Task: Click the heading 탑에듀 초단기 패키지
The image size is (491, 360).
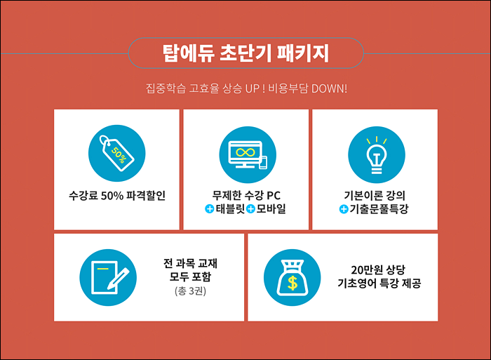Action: pos(245,53)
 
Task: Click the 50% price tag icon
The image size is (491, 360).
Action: pos(116,153)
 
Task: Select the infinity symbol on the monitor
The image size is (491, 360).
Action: pos(245,152)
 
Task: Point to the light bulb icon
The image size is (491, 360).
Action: pos(377,155)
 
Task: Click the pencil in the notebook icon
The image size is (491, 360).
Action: pos(119,279)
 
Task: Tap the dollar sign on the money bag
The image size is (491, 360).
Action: pos(292,283)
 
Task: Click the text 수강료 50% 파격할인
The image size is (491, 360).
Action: pos(117,196)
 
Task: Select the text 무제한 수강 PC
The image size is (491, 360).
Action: pos(246,196)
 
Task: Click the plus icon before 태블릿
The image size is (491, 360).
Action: pos(209,208)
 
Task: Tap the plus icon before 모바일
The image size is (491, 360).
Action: pos(250,208)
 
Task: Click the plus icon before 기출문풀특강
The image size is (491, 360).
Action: pos(344,209)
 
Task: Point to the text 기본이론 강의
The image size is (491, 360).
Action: pos(375,196)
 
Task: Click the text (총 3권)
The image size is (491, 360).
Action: pos(190,291)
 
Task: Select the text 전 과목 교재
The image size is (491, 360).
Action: pos(190,263)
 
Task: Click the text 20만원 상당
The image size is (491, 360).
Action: pos(378,269)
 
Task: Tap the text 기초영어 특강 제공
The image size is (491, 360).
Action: pos(379,284)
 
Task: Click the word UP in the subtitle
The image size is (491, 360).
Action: pos(252,88)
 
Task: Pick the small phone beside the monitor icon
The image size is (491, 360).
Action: pos(263,162)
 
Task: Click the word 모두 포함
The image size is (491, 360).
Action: pos(190,276)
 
